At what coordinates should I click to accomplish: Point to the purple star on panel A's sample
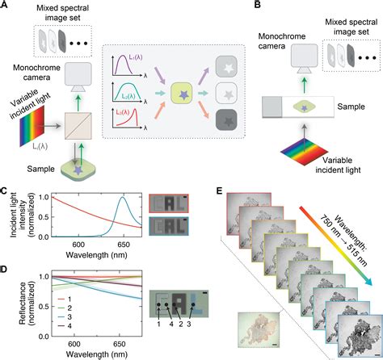78,170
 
